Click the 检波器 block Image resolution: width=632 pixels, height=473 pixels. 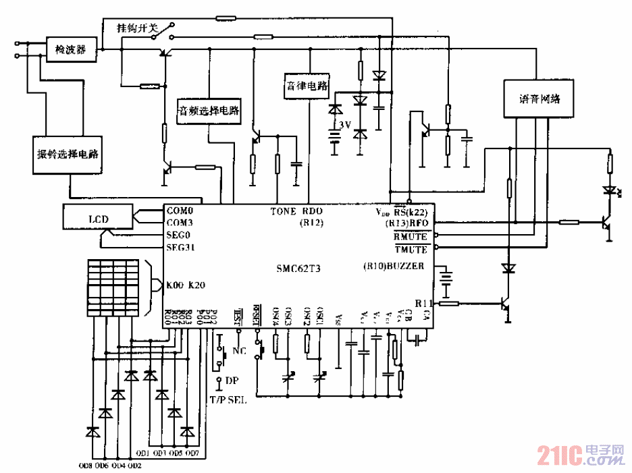(71, 49)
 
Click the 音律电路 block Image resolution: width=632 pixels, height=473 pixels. (305, 86)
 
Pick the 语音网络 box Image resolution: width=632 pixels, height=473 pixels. (537, 99)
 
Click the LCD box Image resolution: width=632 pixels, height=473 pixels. (97, 218)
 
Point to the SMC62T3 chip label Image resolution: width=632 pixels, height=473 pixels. (298, 268)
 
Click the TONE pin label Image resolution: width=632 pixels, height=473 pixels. (284, 211)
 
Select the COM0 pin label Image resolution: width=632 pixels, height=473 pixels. (180, 211)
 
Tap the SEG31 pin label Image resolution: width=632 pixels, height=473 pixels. (181, 247)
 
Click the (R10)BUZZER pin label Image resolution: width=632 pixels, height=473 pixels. (393, 266)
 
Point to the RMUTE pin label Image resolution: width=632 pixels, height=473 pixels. (411, 236)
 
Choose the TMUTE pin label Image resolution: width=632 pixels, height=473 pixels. (411, 249)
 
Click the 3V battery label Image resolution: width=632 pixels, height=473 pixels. (345, 125)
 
